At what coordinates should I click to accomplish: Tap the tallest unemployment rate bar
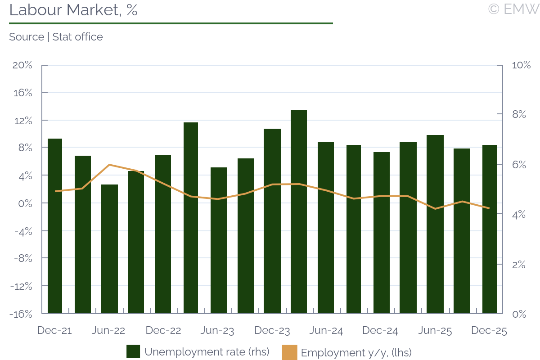coord(299,211)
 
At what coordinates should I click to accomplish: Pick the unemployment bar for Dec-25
coord(490,229)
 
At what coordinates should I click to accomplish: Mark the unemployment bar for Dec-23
coord(272,221)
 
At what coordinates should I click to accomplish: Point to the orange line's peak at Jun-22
coord(109,165)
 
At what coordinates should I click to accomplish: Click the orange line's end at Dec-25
coord(489,208)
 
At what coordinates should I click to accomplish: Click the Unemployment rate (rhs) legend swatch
coord(133,352)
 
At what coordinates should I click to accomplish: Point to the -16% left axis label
coord(21,314)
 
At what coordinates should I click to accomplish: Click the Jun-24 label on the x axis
coord(326,331)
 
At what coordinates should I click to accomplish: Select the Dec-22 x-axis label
coord(163,331)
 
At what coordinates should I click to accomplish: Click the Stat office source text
coord(77,37)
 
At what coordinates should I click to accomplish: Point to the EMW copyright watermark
coord(513,9)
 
